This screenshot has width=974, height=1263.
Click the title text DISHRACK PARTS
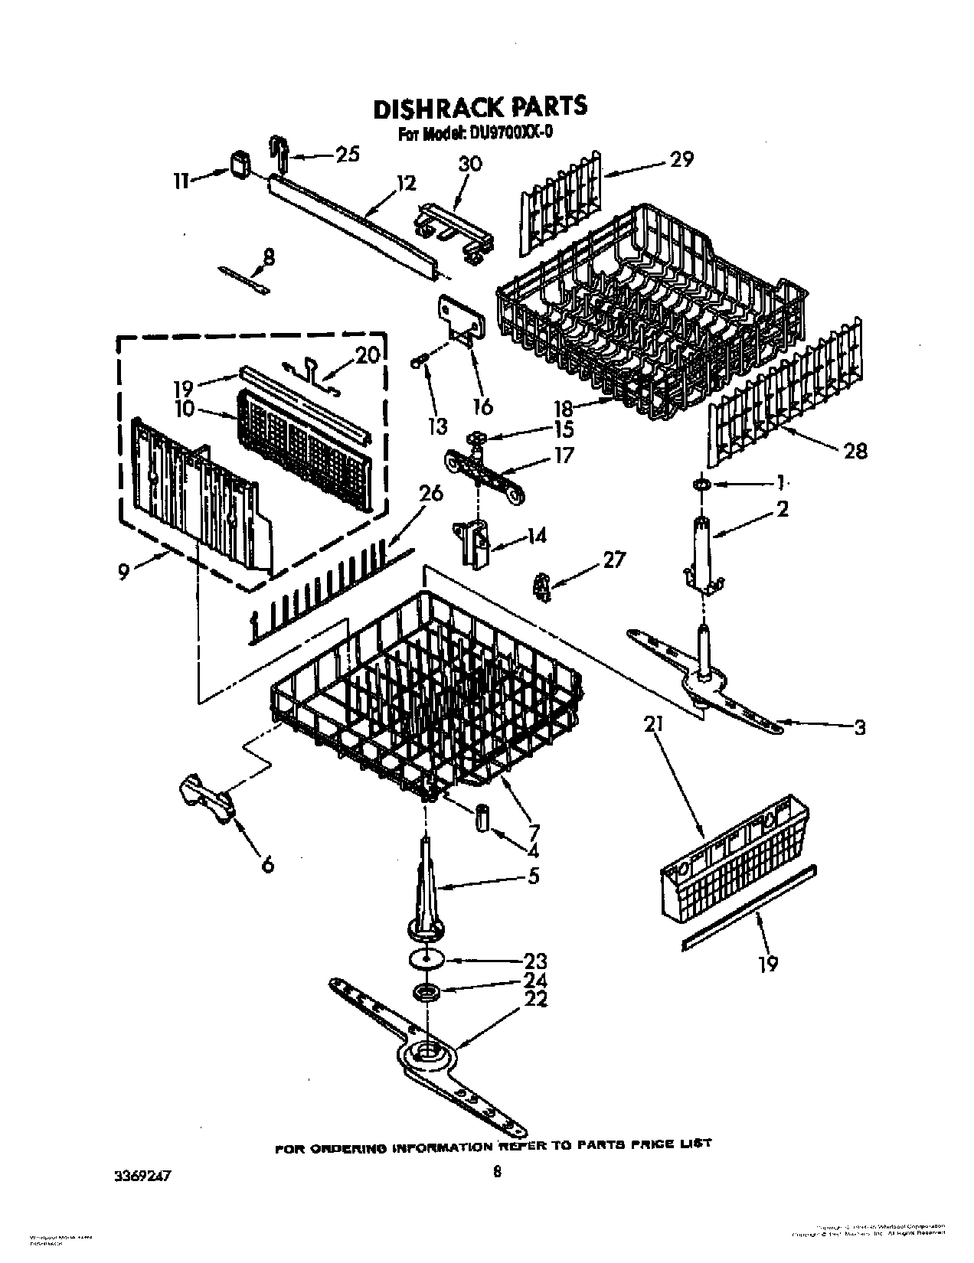pos(479,106)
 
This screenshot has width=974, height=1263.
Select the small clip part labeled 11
pos(240,165)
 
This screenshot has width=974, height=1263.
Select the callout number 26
pos(431,494)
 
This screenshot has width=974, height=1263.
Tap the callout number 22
pos(535,999)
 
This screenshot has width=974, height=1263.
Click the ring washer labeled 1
pos(701,485)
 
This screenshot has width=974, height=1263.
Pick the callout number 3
pos(859,727)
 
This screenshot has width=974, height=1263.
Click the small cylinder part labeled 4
pos(483,817)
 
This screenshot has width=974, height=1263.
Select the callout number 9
pos(123,571)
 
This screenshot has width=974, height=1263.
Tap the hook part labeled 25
pos(277,154)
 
